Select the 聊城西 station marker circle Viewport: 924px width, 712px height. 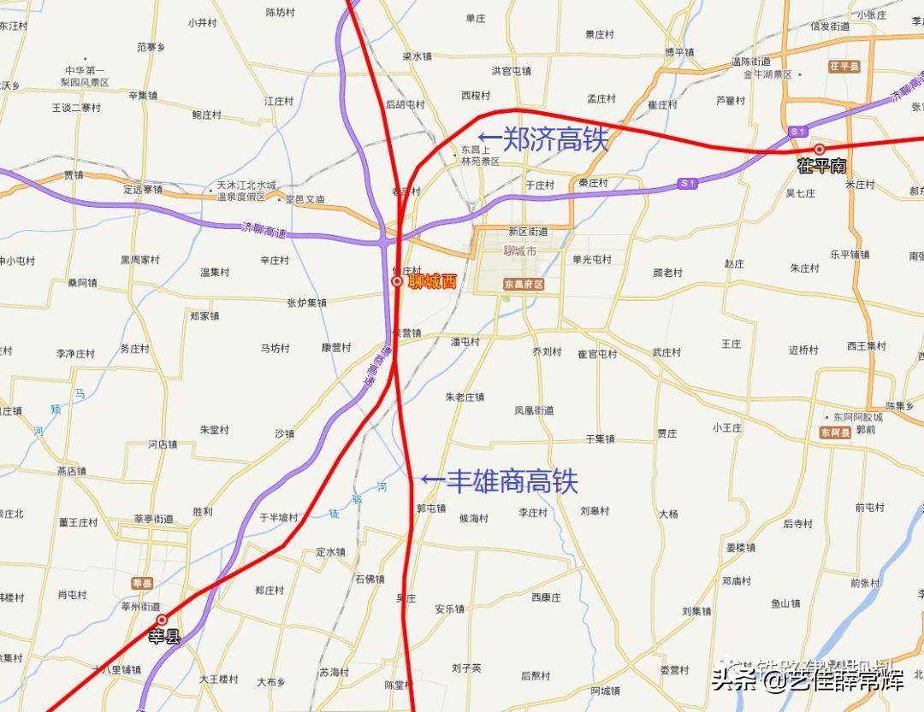coord(397,281)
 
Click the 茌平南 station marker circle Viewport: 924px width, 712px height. coord(819,149)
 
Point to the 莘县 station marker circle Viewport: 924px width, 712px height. coord(162,620)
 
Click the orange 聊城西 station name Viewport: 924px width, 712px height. coord(433,282)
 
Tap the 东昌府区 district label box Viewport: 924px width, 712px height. coord(524,284)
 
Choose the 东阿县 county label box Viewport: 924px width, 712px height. coord(835,433)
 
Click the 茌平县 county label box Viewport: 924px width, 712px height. coord(844,66)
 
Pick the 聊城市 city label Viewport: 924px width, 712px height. coord(519,251)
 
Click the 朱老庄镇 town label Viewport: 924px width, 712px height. coord(465,397)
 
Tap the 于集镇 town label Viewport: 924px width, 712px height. coord(600,438)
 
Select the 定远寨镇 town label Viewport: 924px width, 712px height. coord(142,189)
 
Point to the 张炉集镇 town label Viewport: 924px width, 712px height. coord(306,303)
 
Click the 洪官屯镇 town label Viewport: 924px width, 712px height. coord(512,71)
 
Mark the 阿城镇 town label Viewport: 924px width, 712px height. coord(605,691)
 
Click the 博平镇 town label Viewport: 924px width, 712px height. coord(679,52)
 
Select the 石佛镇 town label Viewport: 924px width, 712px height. coord(370,580)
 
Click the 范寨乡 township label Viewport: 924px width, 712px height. coord(151,48)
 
